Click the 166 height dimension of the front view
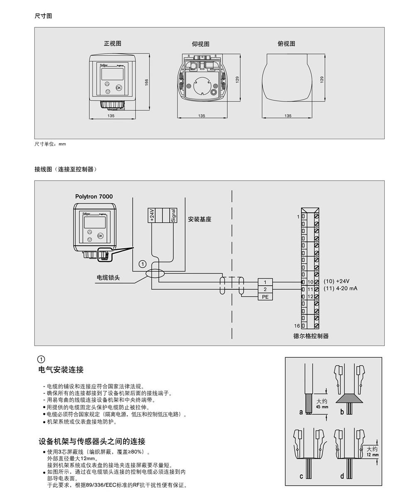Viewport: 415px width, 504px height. pos(146,83)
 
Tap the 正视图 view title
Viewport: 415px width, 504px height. pos(112,43)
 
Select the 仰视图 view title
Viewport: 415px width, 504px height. pos(200,44)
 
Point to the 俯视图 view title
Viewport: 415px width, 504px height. pos(286,44)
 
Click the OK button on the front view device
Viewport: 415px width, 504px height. pos(119,88)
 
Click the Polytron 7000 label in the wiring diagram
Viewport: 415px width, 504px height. pos(94,196)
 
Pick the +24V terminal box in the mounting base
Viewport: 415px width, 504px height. pos(151,215)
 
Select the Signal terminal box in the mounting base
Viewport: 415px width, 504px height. pos(173,215)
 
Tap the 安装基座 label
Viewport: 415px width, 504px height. pos(200,219)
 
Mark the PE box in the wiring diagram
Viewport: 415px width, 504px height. pos(265,296)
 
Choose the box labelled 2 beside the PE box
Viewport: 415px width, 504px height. pos(265,289)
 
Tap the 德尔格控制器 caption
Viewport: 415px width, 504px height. pos(311,336)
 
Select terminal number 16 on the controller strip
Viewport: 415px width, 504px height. pos(297,326)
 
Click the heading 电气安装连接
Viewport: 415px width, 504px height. pos(61,369)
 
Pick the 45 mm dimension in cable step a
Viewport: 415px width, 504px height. pos(322,407)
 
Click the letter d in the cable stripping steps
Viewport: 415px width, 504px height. pos(342,476)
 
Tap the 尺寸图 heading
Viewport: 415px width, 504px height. pos(43,16)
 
